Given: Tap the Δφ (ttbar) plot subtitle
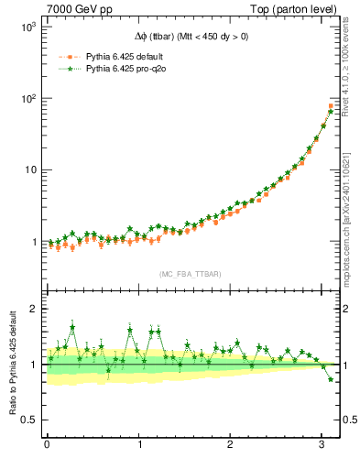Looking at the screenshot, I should [x=191, y=37].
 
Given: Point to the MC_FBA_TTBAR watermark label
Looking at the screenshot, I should [x=191, y=274].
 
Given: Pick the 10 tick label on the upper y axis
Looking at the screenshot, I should [x=27, y=170].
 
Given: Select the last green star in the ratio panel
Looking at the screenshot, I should [x=331, y=378].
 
